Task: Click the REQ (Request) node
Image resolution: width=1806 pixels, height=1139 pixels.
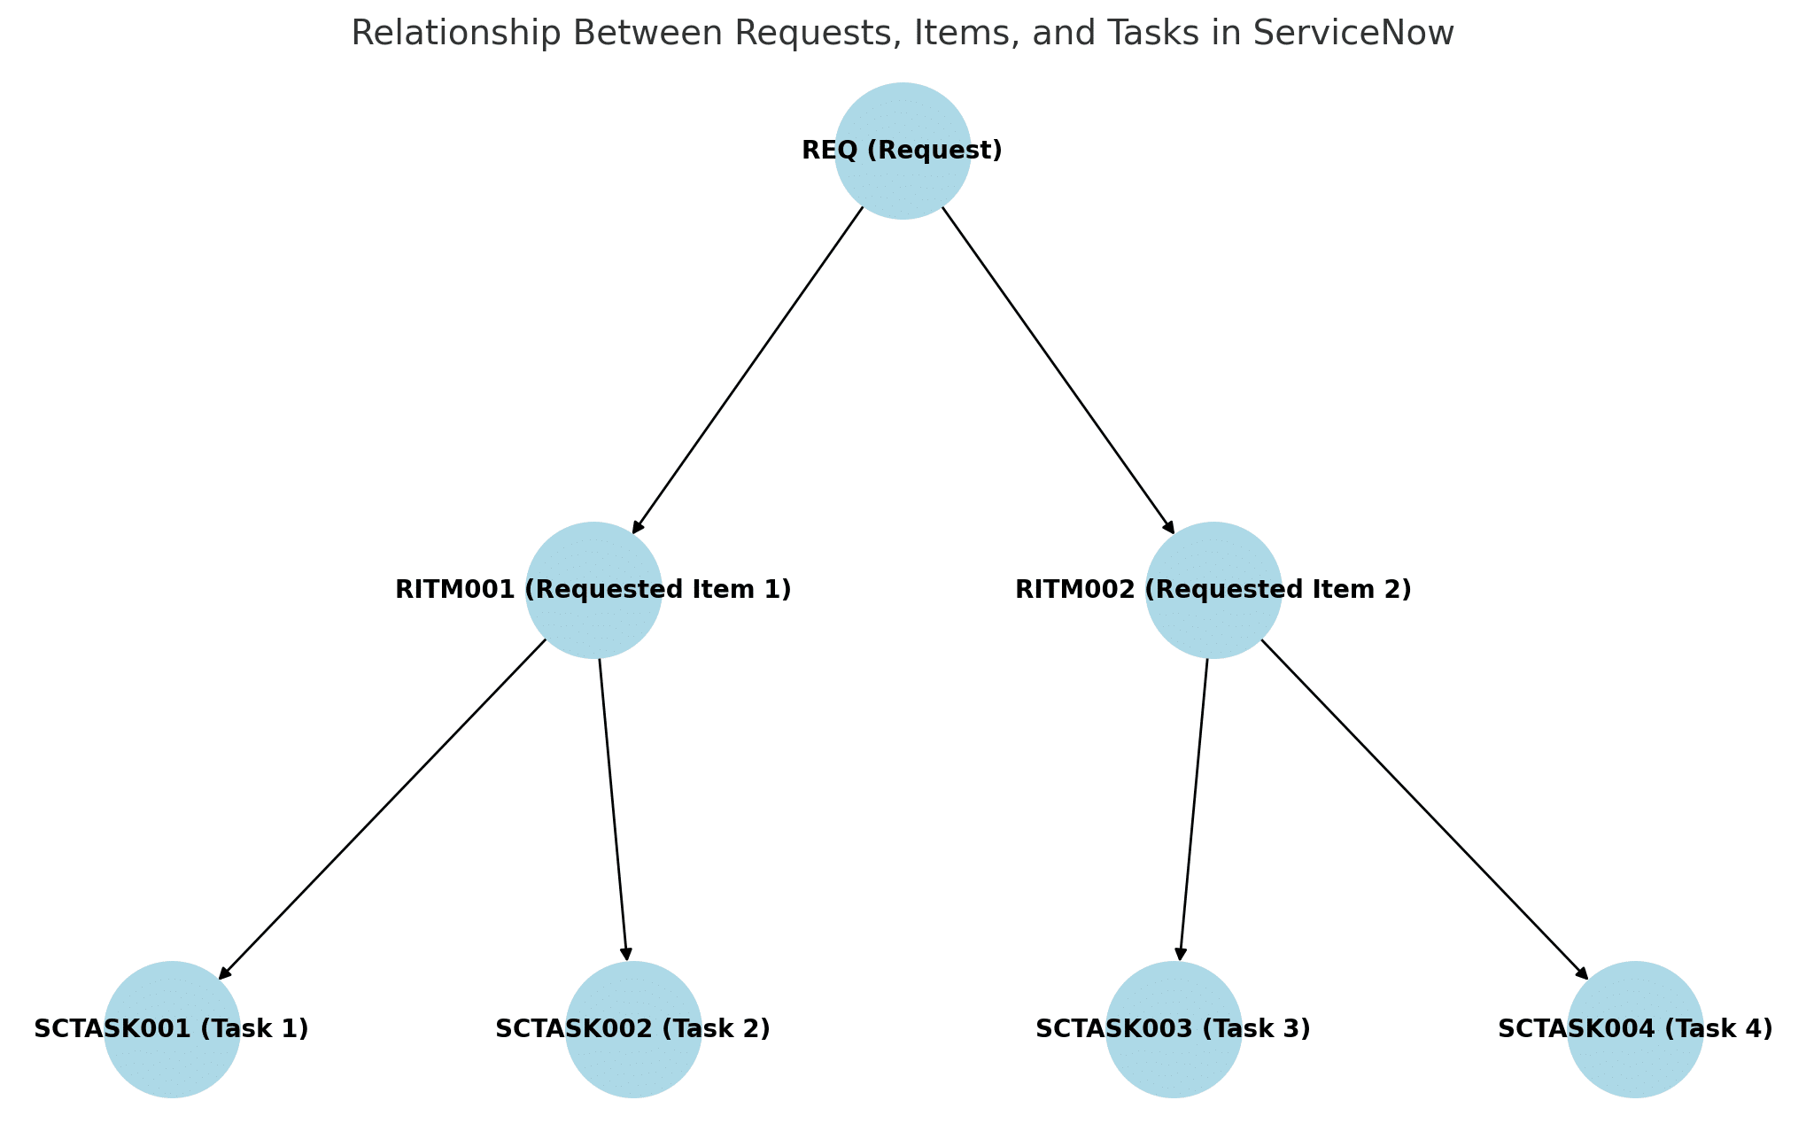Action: tap(903, 151)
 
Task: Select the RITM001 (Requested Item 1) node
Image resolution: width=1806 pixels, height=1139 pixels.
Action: tap(593, 590)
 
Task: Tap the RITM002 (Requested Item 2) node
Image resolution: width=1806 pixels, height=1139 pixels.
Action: tap(1213, 590)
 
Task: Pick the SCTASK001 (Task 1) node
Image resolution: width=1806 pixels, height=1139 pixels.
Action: tap(172, 1029)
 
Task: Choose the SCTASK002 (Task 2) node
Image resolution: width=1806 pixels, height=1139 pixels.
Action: tap(633, 1029)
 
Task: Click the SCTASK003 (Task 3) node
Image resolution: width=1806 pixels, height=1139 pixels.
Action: tap(1174, 1029)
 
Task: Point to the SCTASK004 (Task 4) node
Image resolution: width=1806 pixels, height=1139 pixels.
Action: tap(1635, 1029)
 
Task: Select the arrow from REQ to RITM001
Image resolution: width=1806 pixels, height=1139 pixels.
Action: tap(748, 369)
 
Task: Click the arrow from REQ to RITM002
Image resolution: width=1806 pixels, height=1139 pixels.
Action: tap(1058, 369)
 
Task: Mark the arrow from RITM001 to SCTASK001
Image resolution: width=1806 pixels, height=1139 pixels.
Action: tap(383, 810)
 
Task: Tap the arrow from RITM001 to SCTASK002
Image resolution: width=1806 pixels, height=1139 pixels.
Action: tap(613, 810)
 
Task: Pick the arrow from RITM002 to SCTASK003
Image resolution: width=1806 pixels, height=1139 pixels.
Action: tap(1193, 810)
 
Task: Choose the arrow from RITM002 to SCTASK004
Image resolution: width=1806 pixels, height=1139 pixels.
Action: tap(1424, 810)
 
